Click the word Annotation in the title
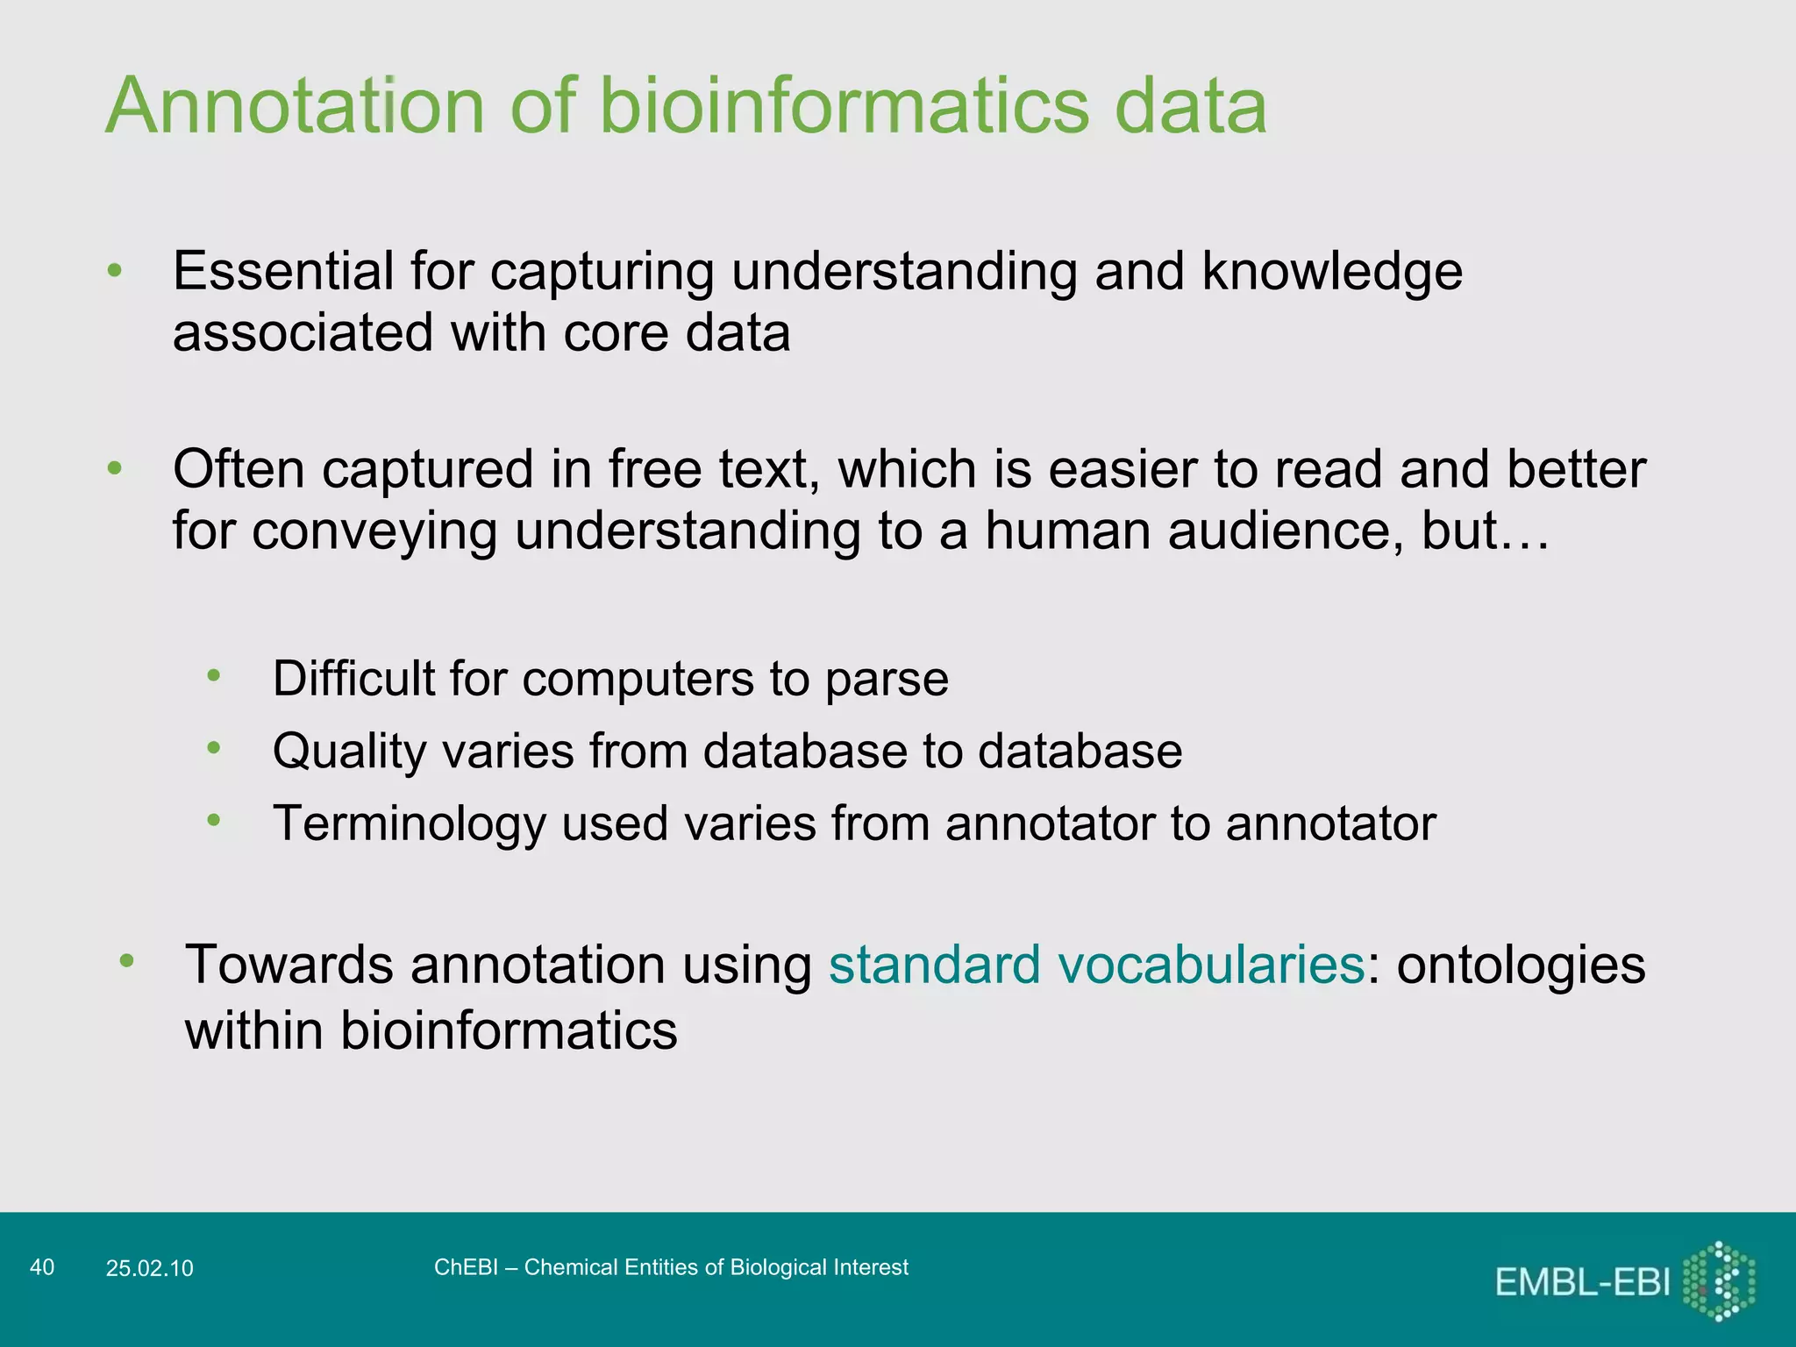pos(295,106)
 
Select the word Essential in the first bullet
pos(282,271)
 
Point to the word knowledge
pos(1331,271)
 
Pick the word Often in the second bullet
pos(239,469)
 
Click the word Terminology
pos(410,824)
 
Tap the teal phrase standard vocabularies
pos(1096,965)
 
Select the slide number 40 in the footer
pos(42,1267)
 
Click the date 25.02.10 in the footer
pos(149,1268)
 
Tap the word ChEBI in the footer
pos(466,1267)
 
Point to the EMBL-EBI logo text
pos(1582,1282)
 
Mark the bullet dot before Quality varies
pos(214,748)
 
